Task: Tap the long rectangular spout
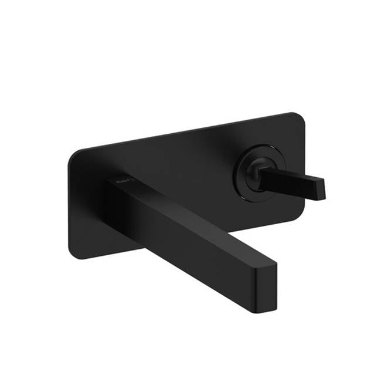pyautogui.click(x=188, y=229)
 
